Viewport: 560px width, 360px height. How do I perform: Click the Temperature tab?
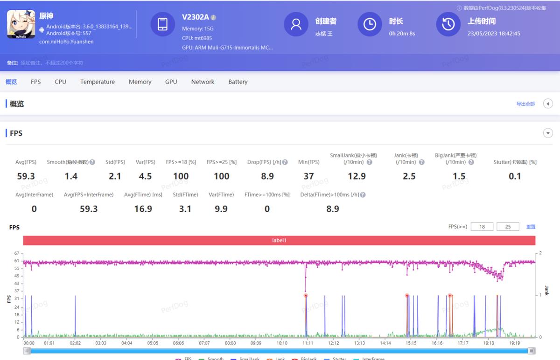tap(97, 82)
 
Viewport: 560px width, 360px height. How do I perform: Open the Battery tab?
tap(238, 82)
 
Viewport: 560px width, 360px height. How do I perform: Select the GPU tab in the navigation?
tap(171, 82)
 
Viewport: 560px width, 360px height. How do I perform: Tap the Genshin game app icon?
tap(21, 24)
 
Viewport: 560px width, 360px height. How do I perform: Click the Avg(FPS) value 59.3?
tap(26, 176)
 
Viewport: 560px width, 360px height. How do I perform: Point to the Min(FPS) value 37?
tap(308, 176)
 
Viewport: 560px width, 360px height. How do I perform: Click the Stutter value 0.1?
tap(515, 176)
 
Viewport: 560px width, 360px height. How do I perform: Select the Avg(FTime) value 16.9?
tap(143, 209)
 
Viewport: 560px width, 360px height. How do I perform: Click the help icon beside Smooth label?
tap(92, 162)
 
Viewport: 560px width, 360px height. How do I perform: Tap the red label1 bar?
tap(279, 241)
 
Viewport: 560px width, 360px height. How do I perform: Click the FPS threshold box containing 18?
tap(482, 227)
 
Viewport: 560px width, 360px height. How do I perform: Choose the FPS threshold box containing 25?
tap(508, 227)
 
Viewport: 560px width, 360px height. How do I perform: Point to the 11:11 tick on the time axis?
tap(308, 343)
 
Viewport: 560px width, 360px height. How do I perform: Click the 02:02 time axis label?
tap(75, 343)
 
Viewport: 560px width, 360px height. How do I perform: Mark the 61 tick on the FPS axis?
tap(17, 261)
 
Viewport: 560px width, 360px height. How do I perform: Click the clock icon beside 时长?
tap(370, 24)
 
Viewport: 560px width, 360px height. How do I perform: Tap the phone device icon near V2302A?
tap(162, 24)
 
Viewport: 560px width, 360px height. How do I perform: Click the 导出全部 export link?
tap(525, 104)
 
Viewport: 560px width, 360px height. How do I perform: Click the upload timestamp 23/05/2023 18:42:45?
tap(494, 34)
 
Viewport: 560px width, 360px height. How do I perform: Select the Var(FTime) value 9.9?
tap(221, 209)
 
